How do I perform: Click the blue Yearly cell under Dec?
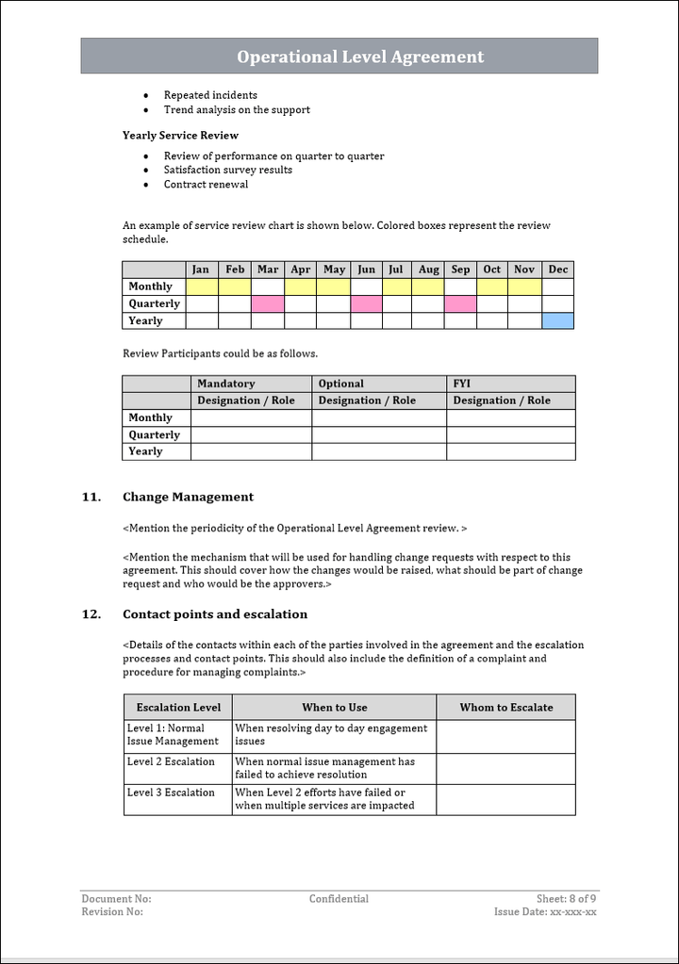click(558, 320)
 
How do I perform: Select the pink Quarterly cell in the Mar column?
click(268, 303)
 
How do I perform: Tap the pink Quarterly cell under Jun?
click(367, 303)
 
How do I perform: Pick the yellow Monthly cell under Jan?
click(202, 286)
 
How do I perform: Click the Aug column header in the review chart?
click(429, 270)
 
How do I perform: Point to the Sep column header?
click(460, 270)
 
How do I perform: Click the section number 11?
click(91, 497)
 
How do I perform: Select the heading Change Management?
click(188, 497)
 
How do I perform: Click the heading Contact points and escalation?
click(215, 614)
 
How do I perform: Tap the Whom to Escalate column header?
click(506, 708)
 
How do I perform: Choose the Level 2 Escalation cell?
click(171, 762)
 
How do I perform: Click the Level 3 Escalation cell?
click(171, 792)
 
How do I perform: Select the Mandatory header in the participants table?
click(226, 384)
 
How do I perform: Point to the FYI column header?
click(463, 384)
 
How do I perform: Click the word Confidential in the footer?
click(339, 899)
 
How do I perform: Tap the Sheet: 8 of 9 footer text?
click(566, 899)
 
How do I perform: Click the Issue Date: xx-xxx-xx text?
click(545, 912)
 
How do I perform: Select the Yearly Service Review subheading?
click(180, 136)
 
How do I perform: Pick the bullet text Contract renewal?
click(206, 185)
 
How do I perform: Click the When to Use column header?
click(335, 708)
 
